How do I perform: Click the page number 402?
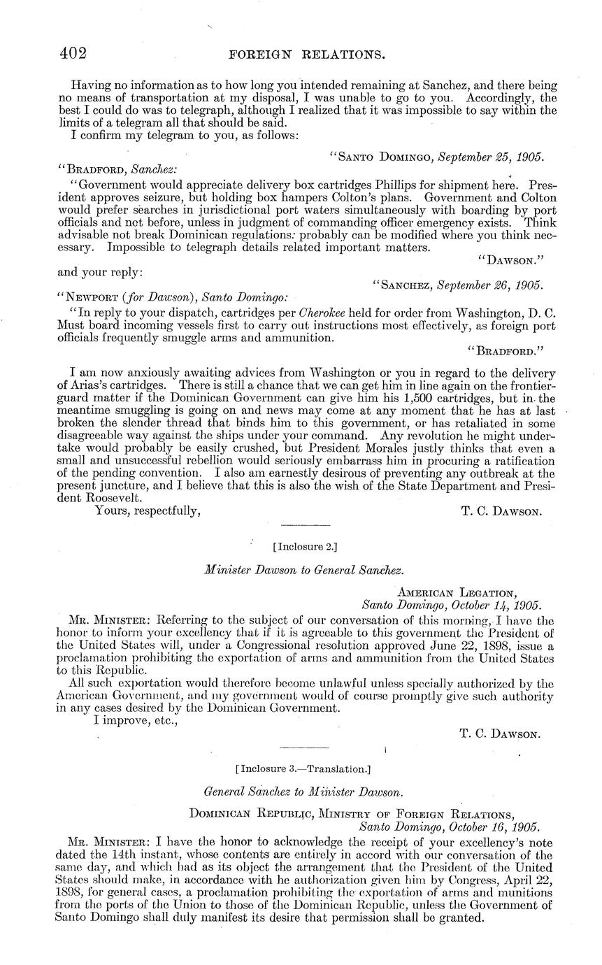72,53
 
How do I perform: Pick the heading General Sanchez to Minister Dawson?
303,792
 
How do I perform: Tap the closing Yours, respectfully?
148,511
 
